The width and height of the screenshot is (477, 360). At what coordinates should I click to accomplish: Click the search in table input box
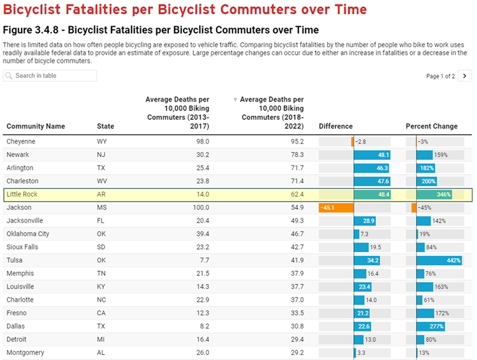50,76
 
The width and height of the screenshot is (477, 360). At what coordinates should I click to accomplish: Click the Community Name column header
36,126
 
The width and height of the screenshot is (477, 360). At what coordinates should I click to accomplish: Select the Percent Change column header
431,126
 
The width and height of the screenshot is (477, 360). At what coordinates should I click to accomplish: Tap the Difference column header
335,126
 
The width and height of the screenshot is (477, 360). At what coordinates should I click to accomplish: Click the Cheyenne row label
20,142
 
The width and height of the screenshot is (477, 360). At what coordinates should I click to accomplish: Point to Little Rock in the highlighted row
23,195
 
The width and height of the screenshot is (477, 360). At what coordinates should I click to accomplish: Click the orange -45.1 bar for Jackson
336,207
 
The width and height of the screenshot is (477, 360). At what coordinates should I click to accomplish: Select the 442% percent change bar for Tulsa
439,260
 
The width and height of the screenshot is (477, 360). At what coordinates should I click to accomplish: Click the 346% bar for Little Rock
434,195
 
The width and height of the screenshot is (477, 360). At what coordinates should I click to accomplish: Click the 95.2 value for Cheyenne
297,142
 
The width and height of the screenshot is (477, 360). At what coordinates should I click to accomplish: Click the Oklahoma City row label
27,234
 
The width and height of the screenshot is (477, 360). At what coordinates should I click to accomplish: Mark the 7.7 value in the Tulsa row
203,260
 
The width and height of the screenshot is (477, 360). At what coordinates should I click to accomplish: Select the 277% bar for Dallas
430,326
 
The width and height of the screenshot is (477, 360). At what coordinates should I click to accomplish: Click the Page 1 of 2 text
440,76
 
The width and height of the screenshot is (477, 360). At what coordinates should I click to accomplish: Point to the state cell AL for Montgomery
102,353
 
